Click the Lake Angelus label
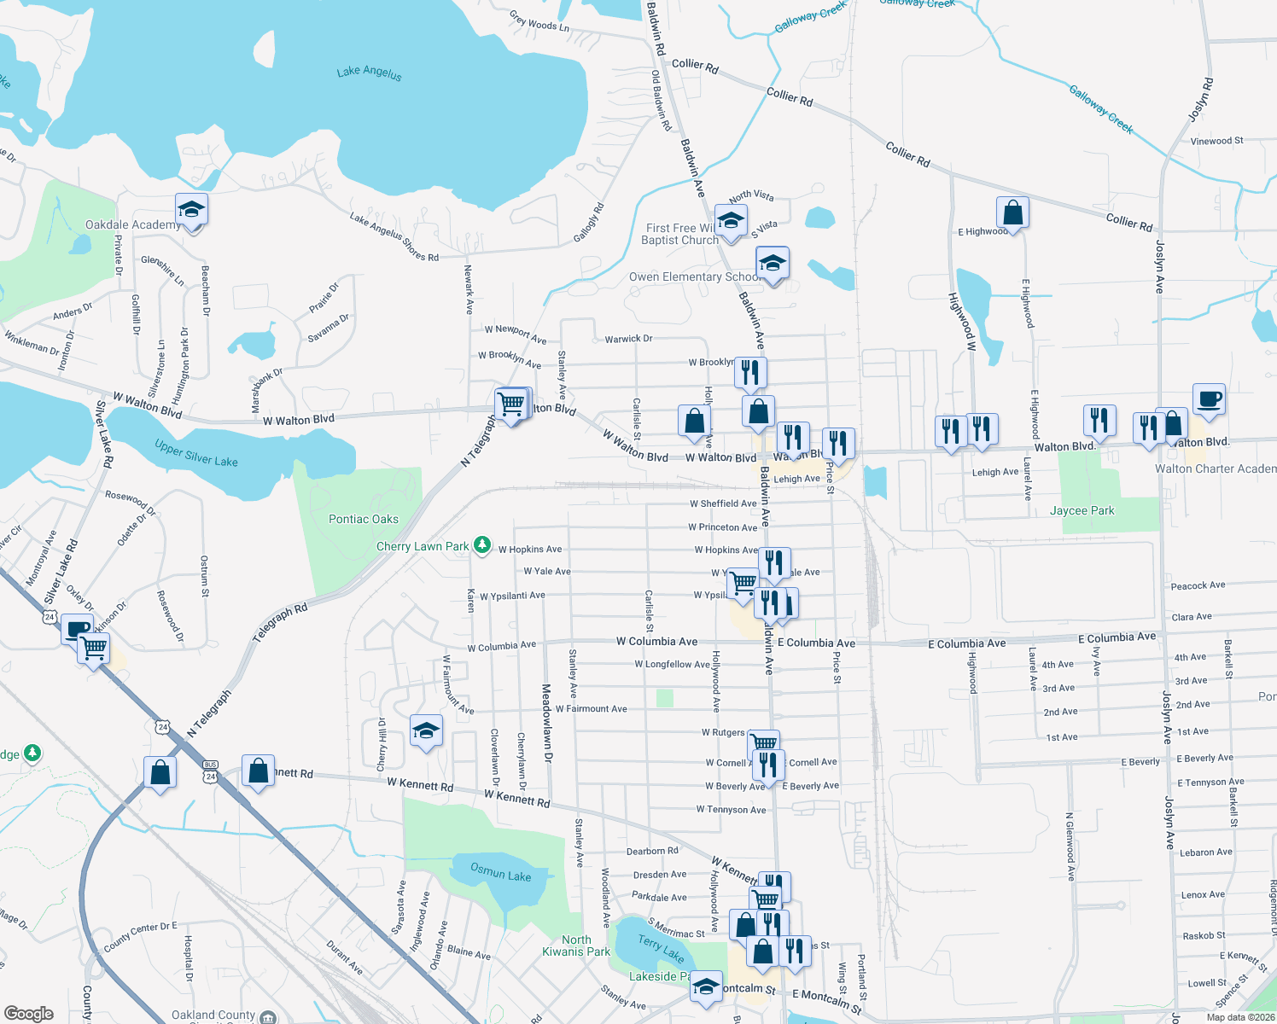coord(369,73)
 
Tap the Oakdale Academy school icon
coord(192,210)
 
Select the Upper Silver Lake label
coord(196,453)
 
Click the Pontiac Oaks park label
coord(364,519)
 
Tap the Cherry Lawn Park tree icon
coord(482,544)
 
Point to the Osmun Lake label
coord(501,872)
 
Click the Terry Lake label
coord(661,947)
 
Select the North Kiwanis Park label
coord(576,945)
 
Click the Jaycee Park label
coord(1082,510)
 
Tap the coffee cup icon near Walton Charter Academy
coord(1209,399)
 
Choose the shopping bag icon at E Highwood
coord(1012,212)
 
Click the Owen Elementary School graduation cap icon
coord(773,263)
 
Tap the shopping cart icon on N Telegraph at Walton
coord(511,404)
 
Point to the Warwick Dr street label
coord(628,339)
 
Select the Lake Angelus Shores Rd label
coord(394,237)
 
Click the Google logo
coord(29,1013)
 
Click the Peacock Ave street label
coord(1198,585)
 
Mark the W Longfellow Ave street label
coord(672,664)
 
